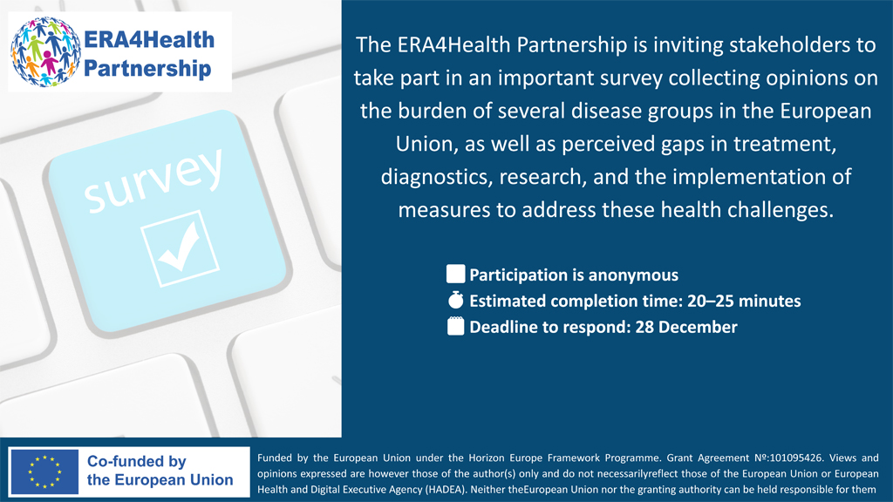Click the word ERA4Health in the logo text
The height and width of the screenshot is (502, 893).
pos(149,40)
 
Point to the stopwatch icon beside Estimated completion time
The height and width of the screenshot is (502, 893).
pos(455,302)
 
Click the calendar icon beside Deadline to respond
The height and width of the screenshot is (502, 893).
pos(455,328)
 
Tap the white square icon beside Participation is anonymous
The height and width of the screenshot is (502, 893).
pos(455,275)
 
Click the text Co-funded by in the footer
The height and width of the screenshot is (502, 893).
pos(137,462)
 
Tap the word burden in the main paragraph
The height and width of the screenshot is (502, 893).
pos(421,111)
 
